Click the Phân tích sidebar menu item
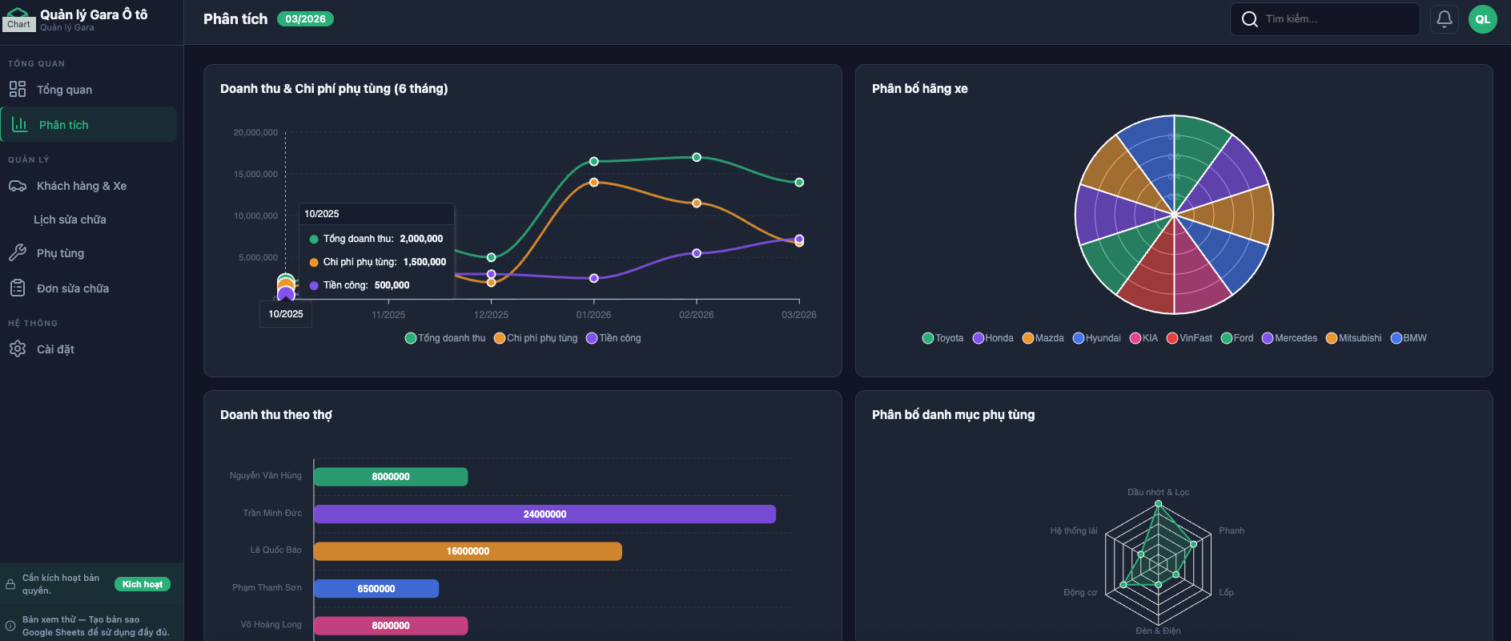click(64, 125)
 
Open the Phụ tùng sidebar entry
click(60, 253)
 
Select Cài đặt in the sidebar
click(55, 349)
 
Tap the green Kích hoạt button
click(143, 584)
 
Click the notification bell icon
click(1444, 19)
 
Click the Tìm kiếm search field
click(1329, 19)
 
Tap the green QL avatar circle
click(1482, 19)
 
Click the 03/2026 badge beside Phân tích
click(305, 19)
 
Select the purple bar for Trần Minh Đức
click(545, 514)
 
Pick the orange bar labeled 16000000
click(468, 551)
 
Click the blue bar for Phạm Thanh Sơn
click(376, 589)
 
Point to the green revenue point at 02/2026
click(697, 157)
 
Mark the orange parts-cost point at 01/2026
click(594, 183)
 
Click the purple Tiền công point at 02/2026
click(697, 253)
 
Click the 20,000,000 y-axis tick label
click(255, 133)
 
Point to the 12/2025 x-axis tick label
click(491, 315)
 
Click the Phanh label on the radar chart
click(1232, 531)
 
